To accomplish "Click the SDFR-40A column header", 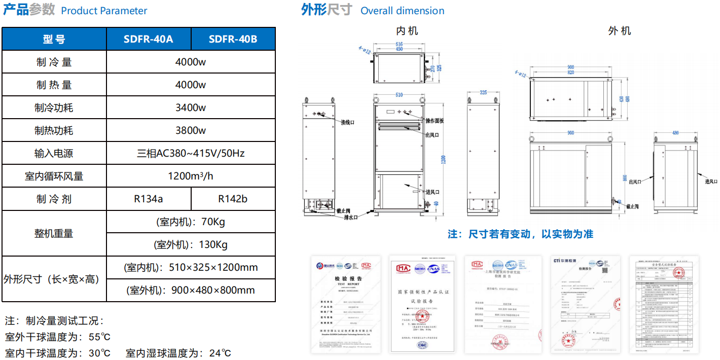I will click(149, 39).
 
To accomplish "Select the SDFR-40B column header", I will click(233, 39).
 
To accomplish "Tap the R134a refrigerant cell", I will click(149, 199).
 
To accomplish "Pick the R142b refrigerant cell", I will click(233, 199).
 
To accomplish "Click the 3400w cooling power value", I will click(191, 107).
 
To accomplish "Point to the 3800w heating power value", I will click(191, 130).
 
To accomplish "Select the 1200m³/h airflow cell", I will click(191, 176).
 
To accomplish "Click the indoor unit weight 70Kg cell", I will click(191, 222).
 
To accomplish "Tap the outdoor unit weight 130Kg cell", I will click(191, 244).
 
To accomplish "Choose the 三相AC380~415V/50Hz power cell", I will click(191, 153).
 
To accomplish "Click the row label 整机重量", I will click(54, 233).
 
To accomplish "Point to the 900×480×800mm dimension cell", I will click(191, 290).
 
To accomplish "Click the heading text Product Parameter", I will click(104, 11).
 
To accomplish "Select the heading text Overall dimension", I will click(402, 11).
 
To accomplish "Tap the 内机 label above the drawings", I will click(407, 31).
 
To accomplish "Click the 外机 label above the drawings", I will click(620, 31).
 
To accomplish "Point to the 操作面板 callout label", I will click(435, 121).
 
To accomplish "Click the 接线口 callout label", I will click(347, 123).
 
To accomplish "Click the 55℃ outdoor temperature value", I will click(99, 337).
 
